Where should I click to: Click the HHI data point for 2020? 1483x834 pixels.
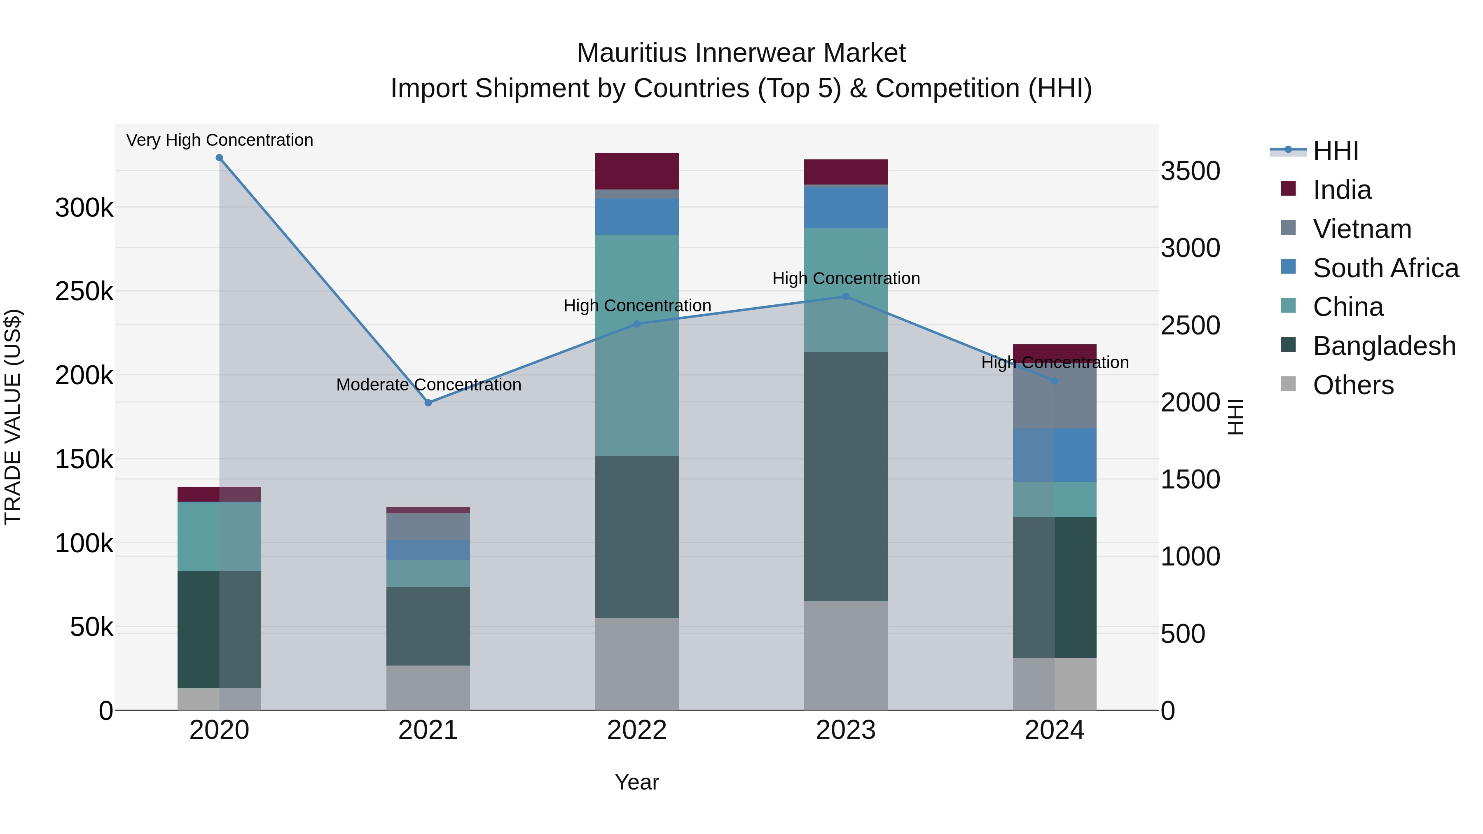click(x=219, y=158)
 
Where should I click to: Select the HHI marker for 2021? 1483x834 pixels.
click(x=428, y=403)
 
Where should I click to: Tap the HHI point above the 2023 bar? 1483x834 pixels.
click(x=846, y=297)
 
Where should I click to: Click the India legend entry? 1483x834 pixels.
click(x=1341, y=190)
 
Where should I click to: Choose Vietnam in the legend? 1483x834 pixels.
click(x=1361, y=229)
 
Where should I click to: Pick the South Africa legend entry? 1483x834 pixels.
click(x=1385, y=268)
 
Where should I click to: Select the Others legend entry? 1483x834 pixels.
click(x=1353, y=385)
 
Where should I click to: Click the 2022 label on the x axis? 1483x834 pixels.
click(x=637, y=730)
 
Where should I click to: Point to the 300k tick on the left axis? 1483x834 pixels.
click(x=84, y=208)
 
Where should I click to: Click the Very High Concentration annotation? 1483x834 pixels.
click(x=219, y=140)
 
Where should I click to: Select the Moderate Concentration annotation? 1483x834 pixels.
click(x=428, y=385)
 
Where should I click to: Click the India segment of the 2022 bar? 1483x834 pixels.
click(x=637, y=171)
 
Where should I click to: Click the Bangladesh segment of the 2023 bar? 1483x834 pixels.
click(x=846, y=477)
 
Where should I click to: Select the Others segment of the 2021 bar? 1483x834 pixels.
click(x=428, y=688)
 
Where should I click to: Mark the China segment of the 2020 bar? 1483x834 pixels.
click(x=219, y=536)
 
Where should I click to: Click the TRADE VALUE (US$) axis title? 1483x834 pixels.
click(x=13, y=417)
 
